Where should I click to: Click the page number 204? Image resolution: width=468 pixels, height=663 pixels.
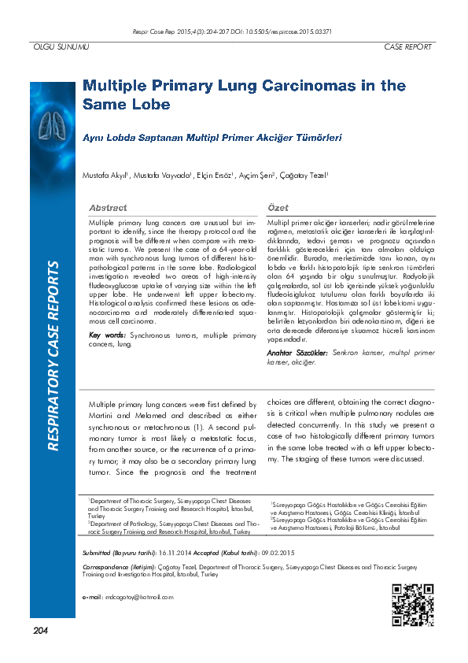point(41,630)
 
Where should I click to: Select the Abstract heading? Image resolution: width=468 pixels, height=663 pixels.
point(108,207)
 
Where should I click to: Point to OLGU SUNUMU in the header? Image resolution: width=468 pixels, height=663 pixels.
point(60,47)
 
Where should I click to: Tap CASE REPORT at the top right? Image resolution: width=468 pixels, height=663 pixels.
point(407,47)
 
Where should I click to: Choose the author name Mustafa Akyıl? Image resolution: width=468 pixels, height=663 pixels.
point(105,174)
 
